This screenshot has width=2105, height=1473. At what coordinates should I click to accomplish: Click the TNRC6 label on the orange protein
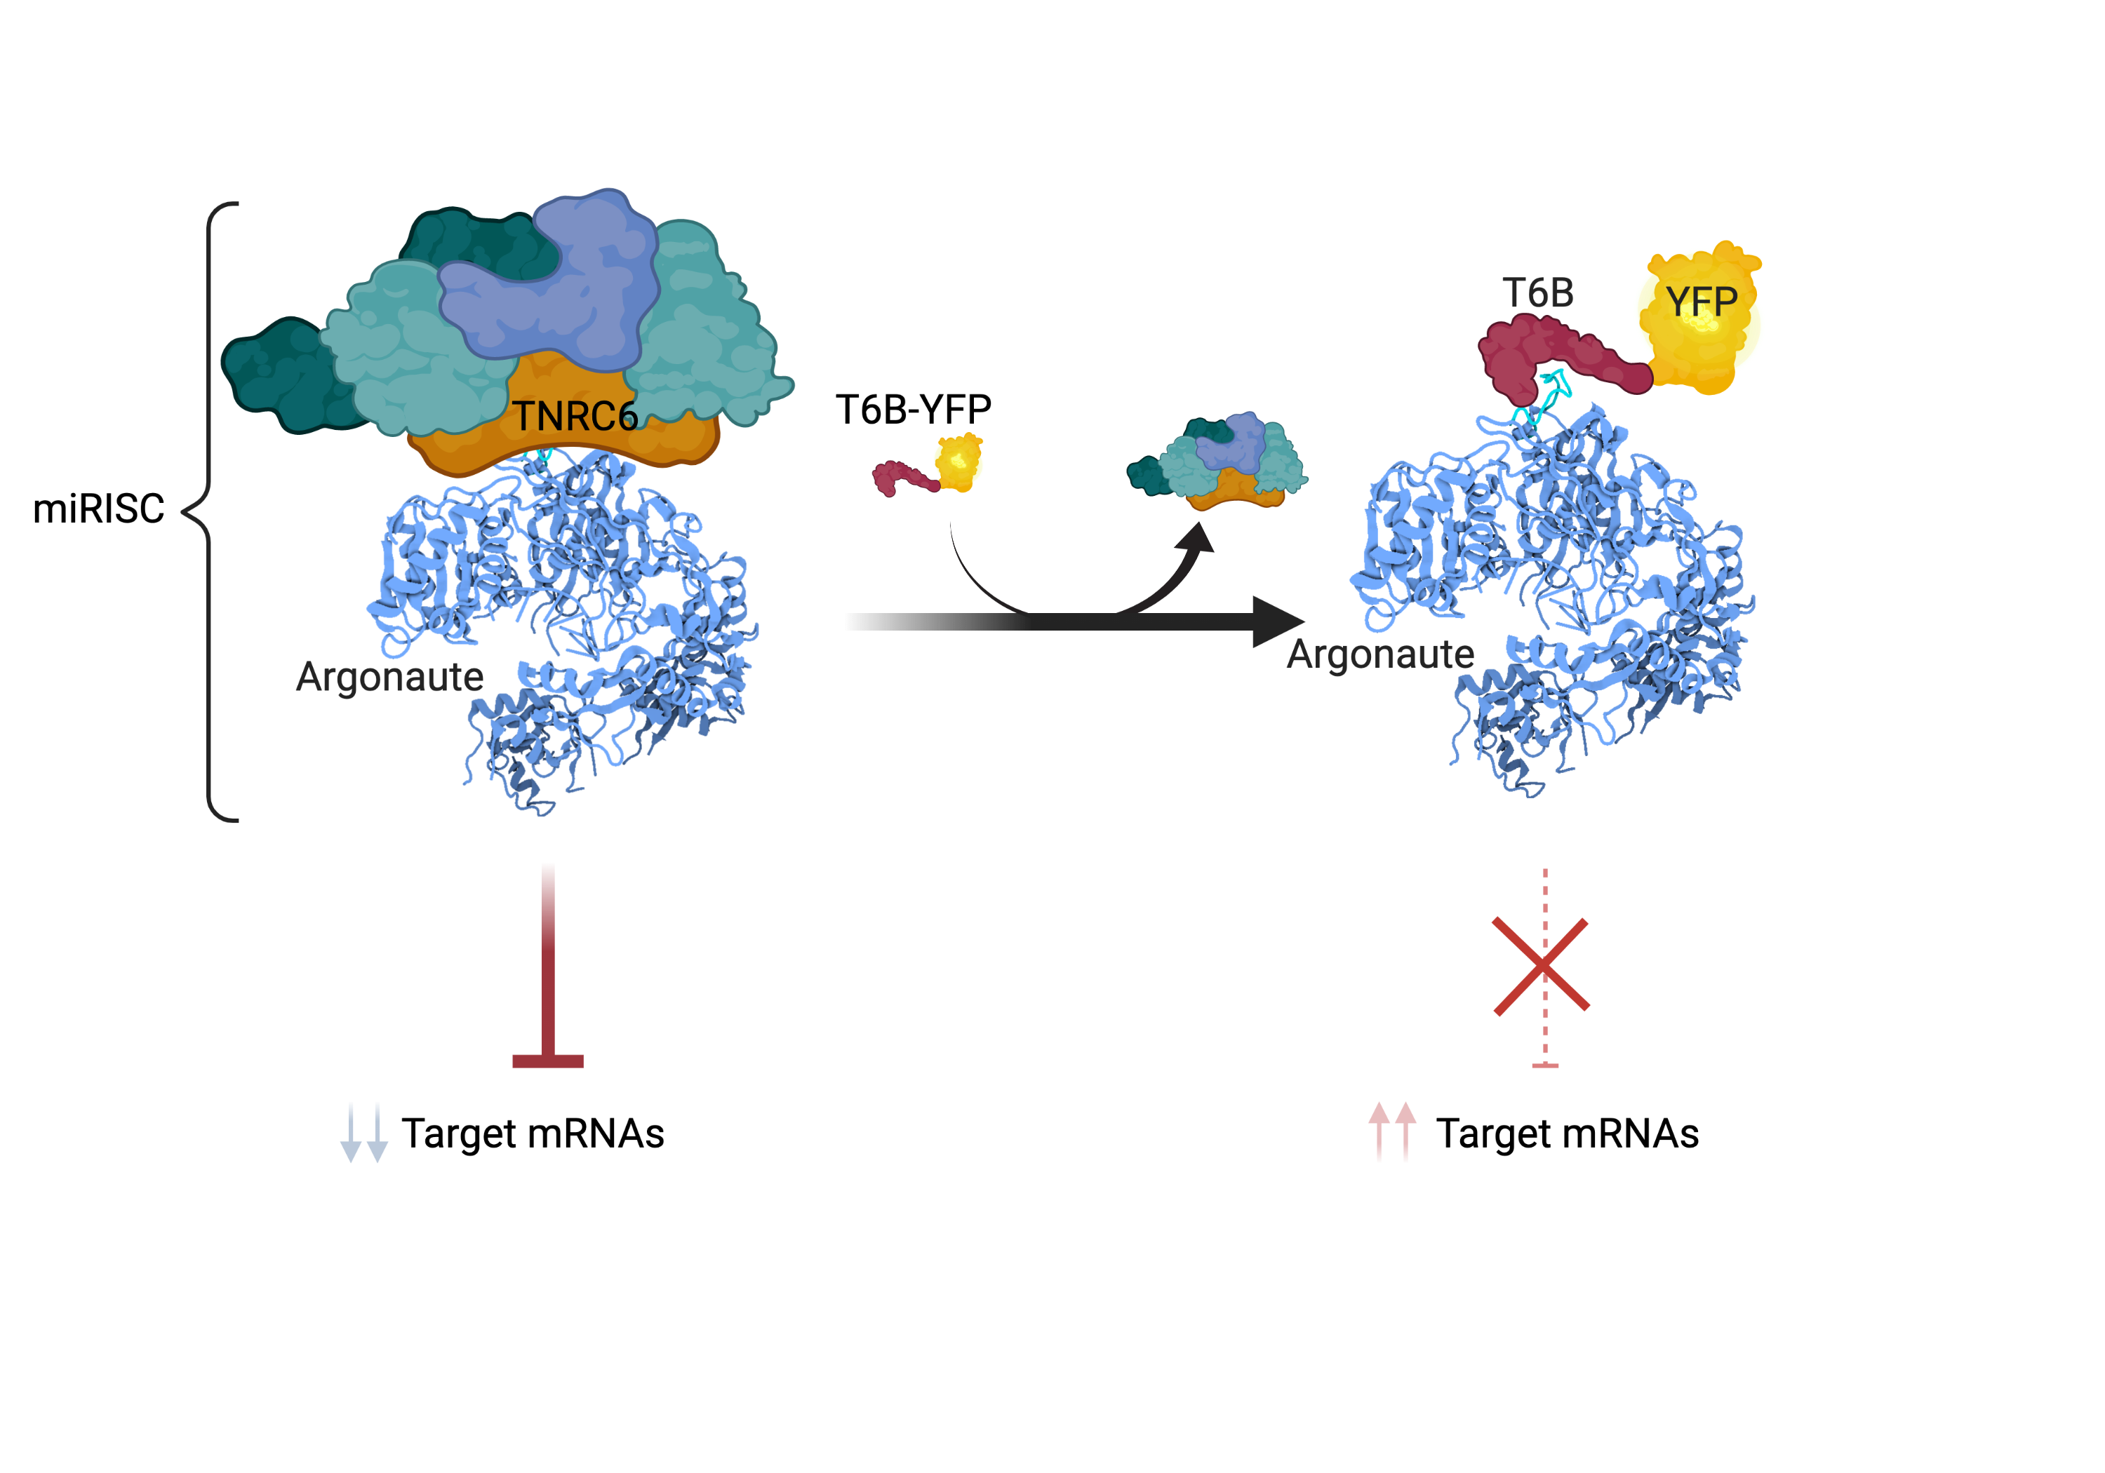coord(575,417)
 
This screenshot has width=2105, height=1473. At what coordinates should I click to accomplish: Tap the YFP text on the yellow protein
coord(1701,302)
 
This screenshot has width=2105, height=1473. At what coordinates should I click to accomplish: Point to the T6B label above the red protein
coord(1537,295)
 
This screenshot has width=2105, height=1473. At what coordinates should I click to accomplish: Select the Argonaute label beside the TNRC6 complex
coord(392,678)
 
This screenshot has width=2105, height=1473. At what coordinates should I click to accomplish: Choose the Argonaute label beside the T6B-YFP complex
coord(1379,654)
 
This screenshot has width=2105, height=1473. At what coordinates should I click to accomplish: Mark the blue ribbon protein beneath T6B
coord(1558,596)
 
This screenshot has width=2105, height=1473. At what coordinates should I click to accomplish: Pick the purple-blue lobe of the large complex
coord(559,284)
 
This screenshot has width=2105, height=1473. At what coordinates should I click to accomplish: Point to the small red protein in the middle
coord(903,477)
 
